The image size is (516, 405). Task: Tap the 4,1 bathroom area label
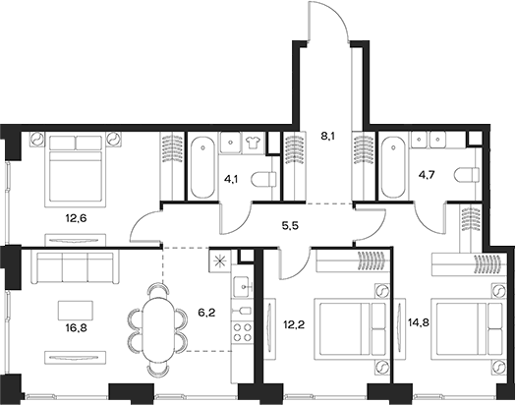[x=232, y=180]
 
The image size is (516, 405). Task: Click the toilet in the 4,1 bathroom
[x=261, y=179]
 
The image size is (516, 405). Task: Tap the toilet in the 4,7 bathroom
[x=465, y=176]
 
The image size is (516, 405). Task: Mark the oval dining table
[x=157, y=327]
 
